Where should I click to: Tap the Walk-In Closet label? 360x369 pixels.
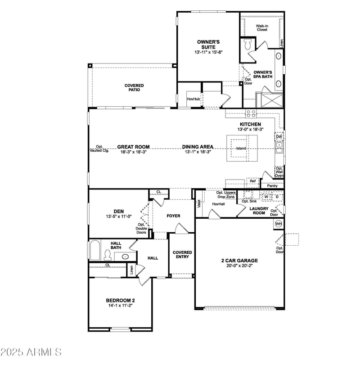pyautogui.click(x=262, y=28)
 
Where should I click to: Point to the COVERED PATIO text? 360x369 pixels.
pyautogui.click(x=134, y=87)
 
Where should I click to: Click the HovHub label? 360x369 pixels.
pyautogui.click(x=193, y=99)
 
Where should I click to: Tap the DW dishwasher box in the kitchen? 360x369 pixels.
pyautogui.click(x=279, y=136)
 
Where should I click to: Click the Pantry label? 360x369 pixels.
pyautogui.click(x=272, y=185)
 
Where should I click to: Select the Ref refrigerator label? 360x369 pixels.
pyautogui.click(x=252, y=181)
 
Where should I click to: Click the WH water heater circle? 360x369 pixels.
pyautogui.click(x=279, y=224)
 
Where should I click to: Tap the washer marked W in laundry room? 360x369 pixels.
pyautogui.click(x=266, y=197)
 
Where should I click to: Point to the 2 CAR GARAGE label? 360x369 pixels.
pyautogui.click(x=239, y=261)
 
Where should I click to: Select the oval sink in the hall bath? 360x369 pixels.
pyautogui.click(x=126, y=256)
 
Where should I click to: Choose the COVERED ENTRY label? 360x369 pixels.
pyautogui.click(x=182, y=255)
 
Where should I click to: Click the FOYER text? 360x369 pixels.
pyautogui.click(x=173, y=216)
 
